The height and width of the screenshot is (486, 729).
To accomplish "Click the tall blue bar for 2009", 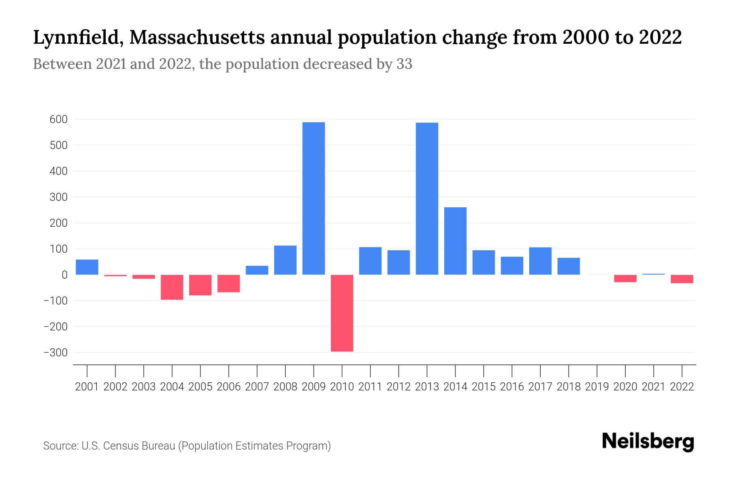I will click(313, 198).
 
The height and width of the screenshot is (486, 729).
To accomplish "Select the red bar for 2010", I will click(342, 313).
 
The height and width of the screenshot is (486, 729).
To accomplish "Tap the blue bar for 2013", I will click(427, 198).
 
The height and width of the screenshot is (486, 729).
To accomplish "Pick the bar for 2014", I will click(455, 241).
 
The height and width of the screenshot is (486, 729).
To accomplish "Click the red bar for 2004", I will click(172, 287).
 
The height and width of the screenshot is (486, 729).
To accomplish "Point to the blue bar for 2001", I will click(87, 267).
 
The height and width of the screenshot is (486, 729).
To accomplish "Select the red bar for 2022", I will click(682, 279).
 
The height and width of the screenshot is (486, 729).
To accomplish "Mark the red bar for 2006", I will click(228, 283).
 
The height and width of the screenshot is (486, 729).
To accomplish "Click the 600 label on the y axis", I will click(59, 119).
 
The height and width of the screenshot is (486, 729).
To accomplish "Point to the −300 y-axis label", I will click(55, 353).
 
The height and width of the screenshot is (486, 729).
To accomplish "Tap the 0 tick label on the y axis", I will click(64, 275).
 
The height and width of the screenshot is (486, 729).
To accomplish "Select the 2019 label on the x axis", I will click(597, 387).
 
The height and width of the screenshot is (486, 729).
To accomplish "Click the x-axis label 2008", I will click(285, 387).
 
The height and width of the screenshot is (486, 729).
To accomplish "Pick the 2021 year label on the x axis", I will click(654, 387).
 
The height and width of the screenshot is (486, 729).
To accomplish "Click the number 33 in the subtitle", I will click(404, 64).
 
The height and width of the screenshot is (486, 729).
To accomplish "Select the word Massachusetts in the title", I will click(198, 38).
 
